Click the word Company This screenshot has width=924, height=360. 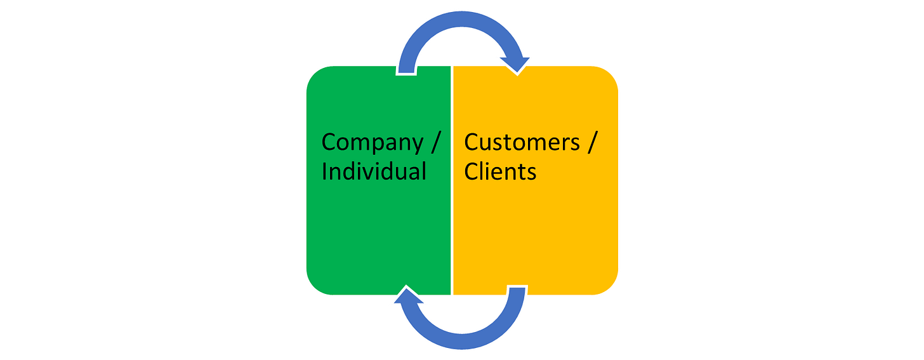[372, 143]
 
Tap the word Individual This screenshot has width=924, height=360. [374, 171]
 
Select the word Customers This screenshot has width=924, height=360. [522, 143]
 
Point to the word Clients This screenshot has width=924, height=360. [500, 171]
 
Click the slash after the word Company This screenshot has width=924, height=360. [435, 143]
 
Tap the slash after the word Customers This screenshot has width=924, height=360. [591, 143]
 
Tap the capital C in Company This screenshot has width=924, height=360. [328, 142]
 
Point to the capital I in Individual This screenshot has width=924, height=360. [325, 171]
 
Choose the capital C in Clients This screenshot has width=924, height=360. [471, 171]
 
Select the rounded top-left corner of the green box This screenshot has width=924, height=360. [313, 74]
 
